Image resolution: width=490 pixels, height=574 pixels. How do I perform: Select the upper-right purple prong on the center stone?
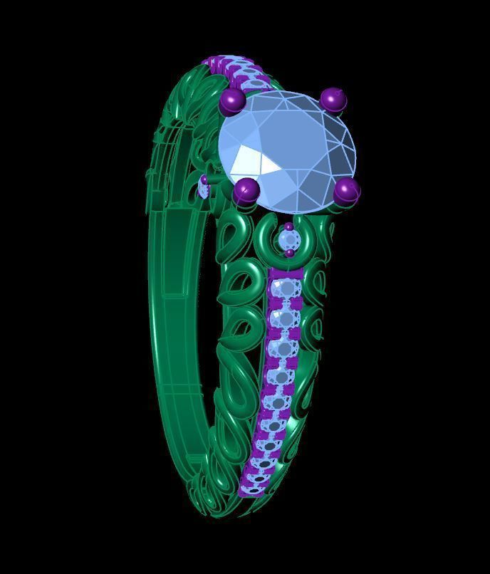pos(333,100)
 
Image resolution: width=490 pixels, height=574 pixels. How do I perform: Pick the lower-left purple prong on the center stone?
pos(246,189)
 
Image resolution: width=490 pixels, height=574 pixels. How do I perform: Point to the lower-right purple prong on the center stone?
pos(347,190)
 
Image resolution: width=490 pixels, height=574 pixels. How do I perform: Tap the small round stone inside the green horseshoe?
pos(288,239)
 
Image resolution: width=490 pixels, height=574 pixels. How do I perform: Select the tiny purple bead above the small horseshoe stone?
pos(288,227)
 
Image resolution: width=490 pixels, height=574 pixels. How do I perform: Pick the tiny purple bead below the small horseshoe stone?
pos(289,253)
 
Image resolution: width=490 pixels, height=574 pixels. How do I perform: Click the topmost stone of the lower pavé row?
pos(286,288)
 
